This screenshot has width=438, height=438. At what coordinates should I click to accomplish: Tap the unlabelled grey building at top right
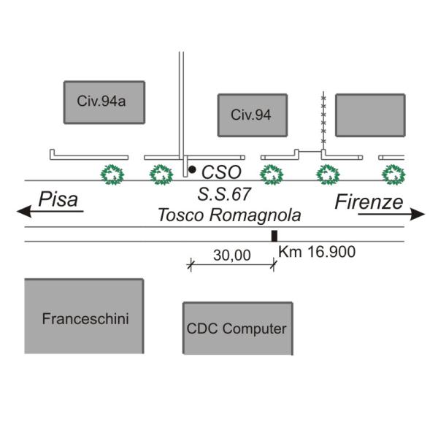370,115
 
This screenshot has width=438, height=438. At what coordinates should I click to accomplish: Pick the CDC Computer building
237,328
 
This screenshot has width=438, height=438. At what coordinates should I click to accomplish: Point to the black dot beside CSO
192,169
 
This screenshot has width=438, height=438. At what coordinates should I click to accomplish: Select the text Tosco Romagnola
229,215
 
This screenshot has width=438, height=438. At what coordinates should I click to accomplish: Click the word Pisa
58,199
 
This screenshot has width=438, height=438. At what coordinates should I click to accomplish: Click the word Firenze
369,202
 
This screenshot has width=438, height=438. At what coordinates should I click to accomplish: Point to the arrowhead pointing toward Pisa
23,212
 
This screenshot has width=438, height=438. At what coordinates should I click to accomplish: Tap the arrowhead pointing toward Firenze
418,214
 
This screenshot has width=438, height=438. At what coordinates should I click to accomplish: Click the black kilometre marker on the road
274,235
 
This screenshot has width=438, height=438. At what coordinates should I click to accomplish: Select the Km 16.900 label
317,253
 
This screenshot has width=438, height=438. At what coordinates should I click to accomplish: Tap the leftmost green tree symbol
113,174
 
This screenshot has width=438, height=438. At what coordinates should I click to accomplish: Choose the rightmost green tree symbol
394,174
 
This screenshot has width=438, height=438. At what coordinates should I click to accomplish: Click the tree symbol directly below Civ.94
272,174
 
